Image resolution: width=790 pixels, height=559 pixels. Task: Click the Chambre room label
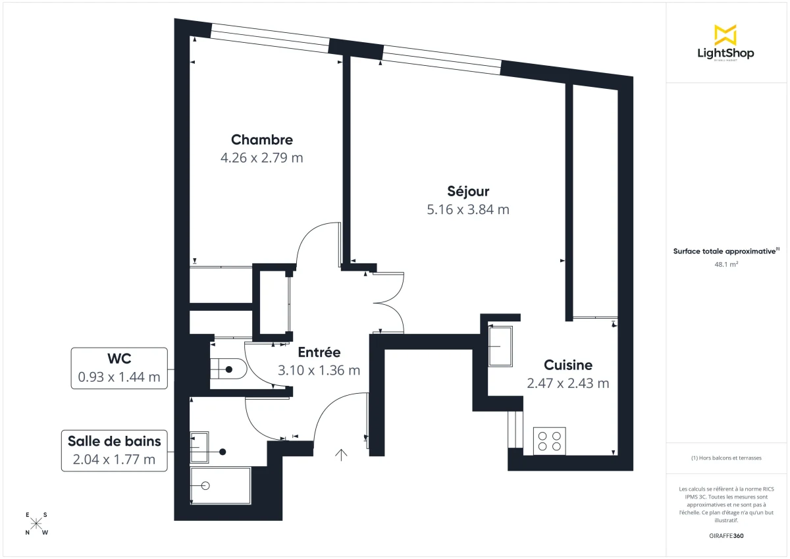coord(261,140)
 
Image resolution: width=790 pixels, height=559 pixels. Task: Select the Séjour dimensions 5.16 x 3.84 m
coord(468,209)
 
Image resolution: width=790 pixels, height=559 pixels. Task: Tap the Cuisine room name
coord(567,365)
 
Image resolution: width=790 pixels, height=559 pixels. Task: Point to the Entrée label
coord(319,352)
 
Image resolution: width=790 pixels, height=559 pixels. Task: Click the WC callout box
coord(119,368)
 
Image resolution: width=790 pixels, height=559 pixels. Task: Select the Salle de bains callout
coord(114,450)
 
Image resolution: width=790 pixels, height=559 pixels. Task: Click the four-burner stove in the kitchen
coord(549,440)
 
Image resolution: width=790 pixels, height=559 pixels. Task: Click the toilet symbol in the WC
coord(226,369)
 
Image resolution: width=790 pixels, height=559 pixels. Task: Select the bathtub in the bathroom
coord(220,485)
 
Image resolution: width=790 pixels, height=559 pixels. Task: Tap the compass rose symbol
coord(37,523)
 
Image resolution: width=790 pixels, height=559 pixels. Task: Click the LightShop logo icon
coord(725,35)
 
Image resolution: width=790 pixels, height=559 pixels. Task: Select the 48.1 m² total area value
coord(725,264)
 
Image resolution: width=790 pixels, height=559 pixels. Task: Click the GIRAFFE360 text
coord(725,535)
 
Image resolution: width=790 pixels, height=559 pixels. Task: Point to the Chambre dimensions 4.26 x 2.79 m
coord(261,158)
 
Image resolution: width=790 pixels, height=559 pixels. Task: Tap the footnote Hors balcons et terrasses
coord(725,458)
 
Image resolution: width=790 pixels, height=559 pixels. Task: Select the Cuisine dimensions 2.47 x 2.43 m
coord(567,383)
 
